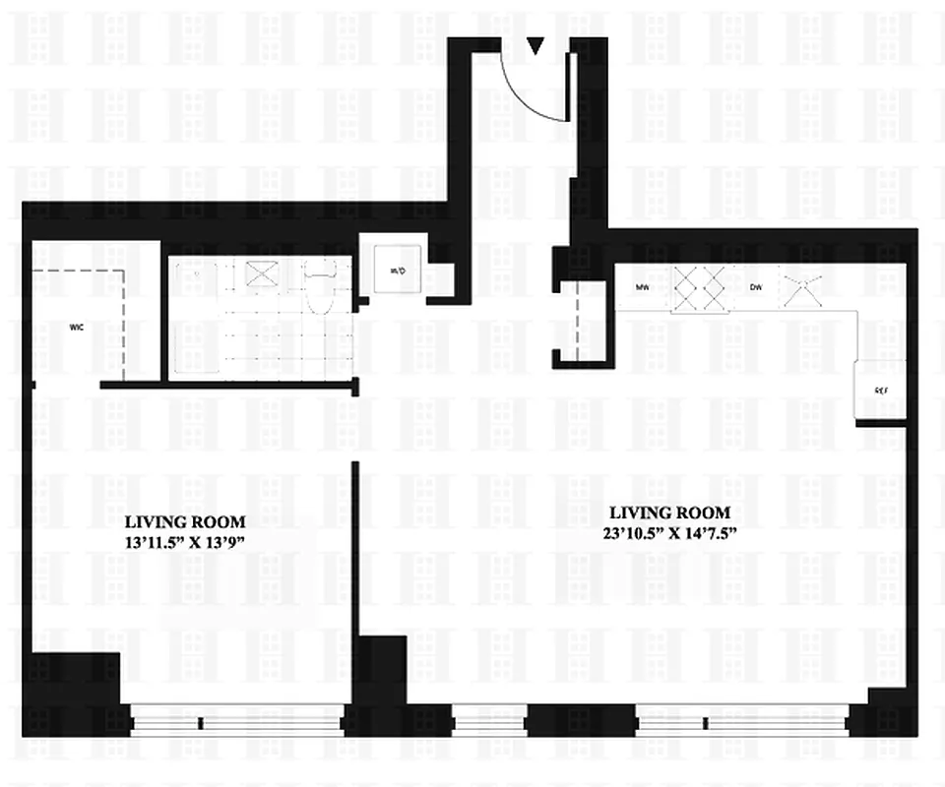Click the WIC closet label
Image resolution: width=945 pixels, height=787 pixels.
[75, 326]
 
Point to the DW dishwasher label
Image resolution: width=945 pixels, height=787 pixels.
[756, 287]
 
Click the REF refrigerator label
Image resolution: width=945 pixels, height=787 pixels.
[881, 391]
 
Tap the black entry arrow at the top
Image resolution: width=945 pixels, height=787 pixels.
[535, 45]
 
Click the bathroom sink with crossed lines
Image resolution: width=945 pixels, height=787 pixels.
[262, 274]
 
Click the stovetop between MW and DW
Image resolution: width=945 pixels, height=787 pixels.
[699, 288]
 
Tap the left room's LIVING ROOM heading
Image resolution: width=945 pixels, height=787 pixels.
[186, 521]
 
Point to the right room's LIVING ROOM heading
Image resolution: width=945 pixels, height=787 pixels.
[670, 513]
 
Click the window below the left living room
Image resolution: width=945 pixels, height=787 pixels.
[236, 721]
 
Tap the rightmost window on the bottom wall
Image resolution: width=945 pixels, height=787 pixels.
[741, 721]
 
